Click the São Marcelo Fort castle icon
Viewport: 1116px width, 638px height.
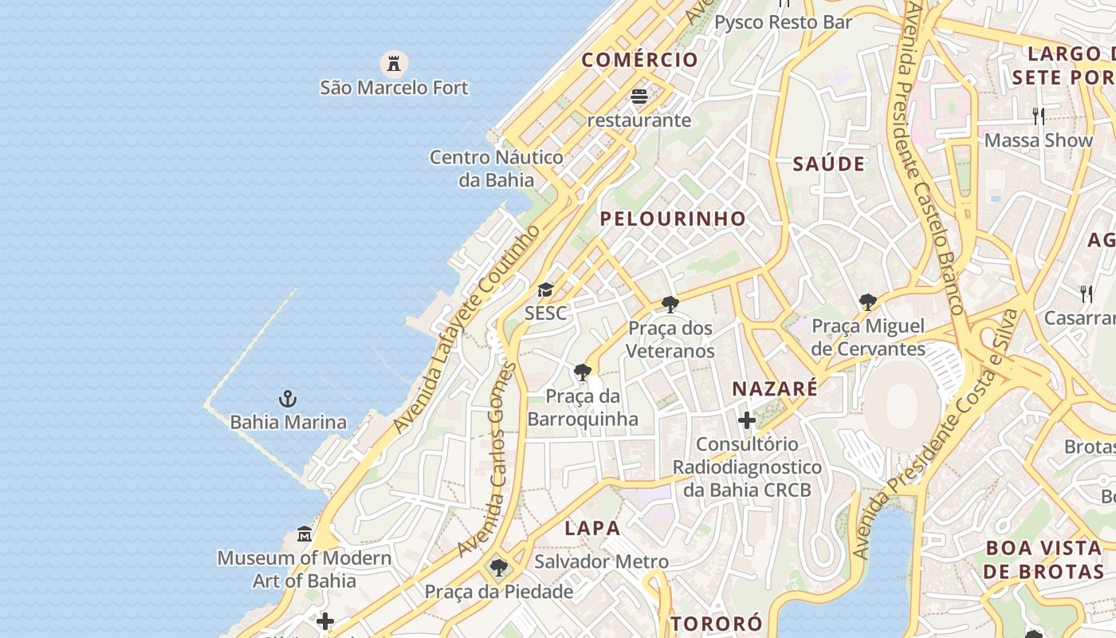point(393,63)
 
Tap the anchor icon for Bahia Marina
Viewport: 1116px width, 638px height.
point(287,398)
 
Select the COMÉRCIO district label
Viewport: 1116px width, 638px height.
point(639,60)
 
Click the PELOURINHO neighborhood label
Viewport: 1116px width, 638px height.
point(673,219)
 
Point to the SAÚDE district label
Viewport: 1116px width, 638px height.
point(828,164)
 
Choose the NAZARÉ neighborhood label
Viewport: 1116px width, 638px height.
point(775,389)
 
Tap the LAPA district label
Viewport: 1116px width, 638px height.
point(592,528)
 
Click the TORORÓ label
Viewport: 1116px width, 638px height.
point(716,624)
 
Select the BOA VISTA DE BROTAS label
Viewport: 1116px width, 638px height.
point(1043,560)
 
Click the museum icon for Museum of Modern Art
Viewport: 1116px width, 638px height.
point(305,534)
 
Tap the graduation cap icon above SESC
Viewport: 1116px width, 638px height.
point(545,289)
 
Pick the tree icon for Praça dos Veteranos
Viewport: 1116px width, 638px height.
point(670,304)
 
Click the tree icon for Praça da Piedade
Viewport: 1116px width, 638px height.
point(499,568)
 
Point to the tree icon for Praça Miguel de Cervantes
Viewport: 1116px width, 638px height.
point(868,302)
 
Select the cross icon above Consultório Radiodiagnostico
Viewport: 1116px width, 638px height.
point(747,419)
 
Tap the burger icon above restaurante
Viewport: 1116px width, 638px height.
point(639,96)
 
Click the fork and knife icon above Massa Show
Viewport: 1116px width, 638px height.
point(1039,116)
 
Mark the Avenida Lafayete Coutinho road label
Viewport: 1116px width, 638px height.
point(466,329)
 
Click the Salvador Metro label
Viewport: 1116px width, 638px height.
point(601,561)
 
